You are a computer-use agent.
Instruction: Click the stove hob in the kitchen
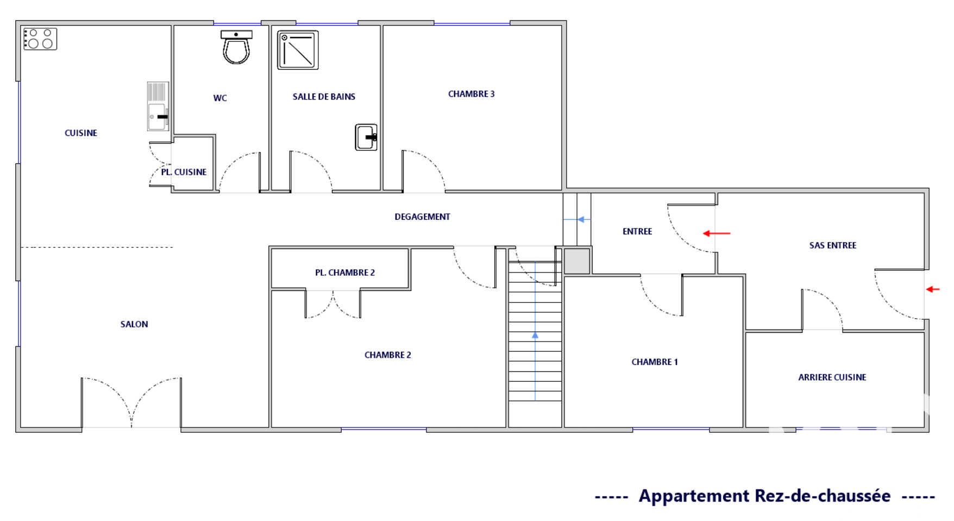[40, 39]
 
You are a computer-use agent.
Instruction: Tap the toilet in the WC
[236, 47]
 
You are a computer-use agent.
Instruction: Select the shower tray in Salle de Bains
[298, 50]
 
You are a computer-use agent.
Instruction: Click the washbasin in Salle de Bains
[366, 137]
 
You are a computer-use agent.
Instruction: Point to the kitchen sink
[158, 107]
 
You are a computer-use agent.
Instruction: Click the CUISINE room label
[81, 133]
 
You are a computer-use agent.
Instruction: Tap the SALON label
[134, 324]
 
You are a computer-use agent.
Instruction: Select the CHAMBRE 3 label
[471, 94]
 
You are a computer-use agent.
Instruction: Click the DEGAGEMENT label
[422, 216]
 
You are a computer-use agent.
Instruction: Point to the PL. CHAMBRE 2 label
[345, 272]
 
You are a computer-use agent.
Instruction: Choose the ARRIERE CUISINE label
[832, 377]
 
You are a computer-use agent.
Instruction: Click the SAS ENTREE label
[833, 245]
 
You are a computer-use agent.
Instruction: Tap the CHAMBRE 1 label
[655, 362]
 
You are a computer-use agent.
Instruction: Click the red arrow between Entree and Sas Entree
[717, 233]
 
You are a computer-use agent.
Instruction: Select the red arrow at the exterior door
[933, 289]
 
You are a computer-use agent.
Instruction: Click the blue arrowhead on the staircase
[535, 336]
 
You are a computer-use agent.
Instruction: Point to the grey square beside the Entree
[577, 262]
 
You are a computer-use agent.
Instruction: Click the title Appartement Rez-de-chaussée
[764, 496]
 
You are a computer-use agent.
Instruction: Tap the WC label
[220, 98]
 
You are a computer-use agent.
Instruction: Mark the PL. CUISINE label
[184, 172]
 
